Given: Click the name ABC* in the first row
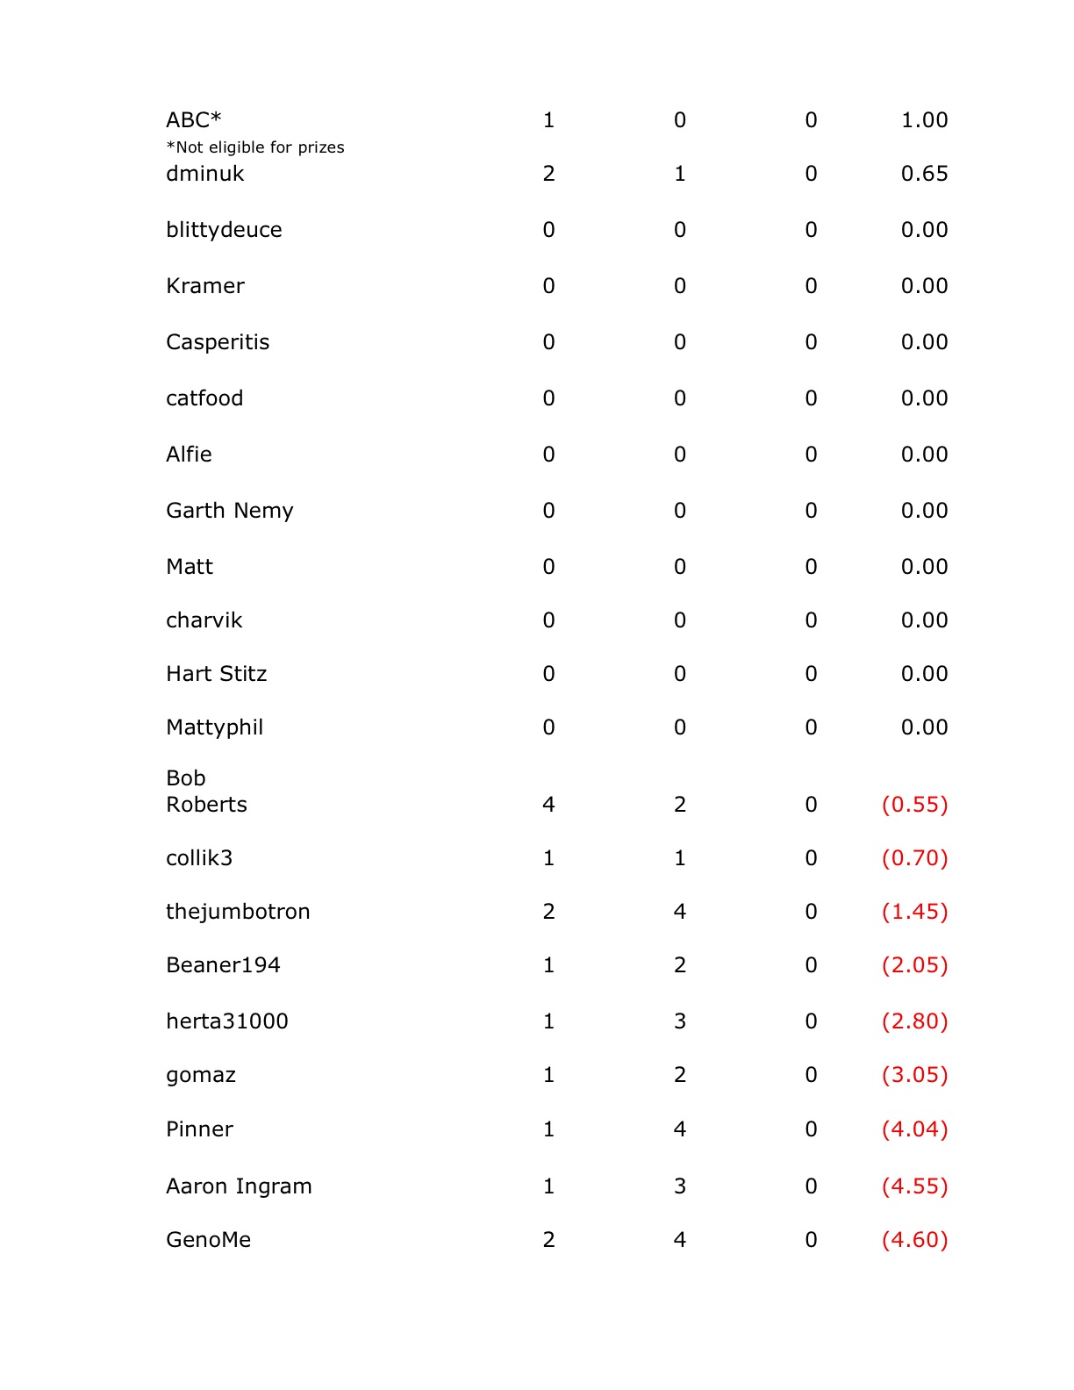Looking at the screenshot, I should coord(194,120).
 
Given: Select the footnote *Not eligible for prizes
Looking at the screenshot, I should coord(255,147).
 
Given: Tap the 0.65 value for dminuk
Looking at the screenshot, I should coord(924,174).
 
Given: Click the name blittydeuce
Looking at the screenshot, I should coord(224,230).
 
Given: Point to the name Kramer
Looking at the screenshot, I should coord(205,286).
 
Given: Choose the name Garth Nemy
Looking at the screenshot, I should coord(230,511).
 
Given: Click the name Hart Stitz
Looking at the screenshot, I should coord(217,674).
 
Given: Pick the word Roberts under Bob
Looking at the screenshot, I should coord(207,805).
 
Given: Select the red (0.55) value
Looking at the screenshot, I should coord(914,805).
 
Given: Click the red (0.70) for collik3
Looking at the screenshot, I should coord(914,858).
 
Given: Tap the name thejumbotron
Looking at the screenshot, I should coord(238,912).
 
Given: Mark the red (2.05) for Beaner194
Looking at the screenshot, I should coord(914,965).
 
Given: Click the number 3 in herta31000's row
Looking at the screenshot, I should coord(680,1021).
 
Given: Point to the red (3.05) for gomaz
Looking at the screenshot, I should coord(914,1075).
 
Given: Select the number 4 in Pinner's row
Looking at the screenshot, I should coord(680,1129).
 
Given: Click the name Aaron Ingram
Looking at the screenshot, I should coord(239,1186).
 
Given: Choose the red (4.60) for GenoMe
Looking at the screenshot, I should coord(914,1240).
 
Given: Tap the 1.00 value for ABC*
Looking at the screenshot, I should coord(924,120).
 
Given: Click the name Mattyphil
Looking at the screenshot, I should coord(215,727).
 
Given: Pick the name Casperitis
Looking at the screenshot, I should coord(218,342).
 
